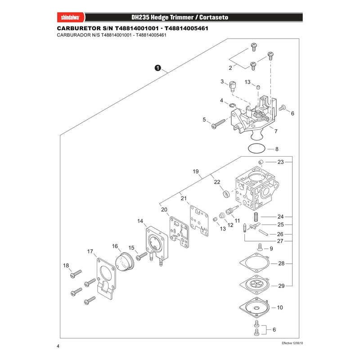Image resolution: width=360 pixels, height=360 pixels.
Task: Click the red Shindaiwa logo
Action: (71, 18)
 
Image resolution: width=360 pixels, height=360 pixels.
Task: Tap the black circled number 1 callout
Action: (158, 68)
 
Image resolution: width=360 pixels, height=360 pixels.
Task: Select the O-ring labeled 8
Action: (256, 148)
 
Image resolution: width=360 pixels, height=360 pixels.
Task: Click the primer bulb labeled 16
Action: (125, 262)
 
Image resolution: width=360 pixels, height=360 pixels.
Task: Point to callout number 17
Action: (90, 252)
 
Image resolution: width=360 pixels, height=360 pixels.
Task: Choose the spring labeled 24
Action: (255, 217)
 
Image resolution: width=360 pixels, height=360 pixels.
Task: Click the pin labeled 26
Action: (263, 233)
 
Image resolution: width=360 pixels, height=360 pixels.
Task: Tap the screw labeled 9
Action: (260, 247)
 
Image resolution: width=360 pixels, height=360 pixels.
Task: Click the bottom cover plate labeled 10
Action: (254, 307)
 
